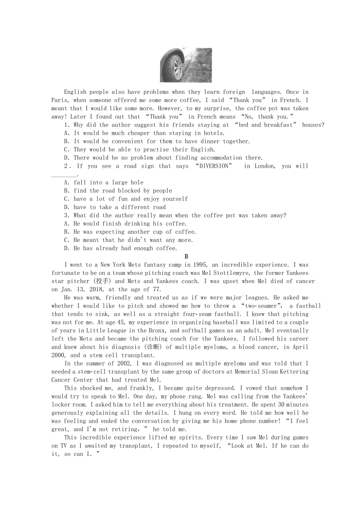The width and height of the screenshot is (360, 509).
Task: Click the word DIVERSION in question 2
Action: (214, 166)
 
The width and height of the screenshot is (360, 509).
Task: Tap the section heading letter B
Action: (186, 256)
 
